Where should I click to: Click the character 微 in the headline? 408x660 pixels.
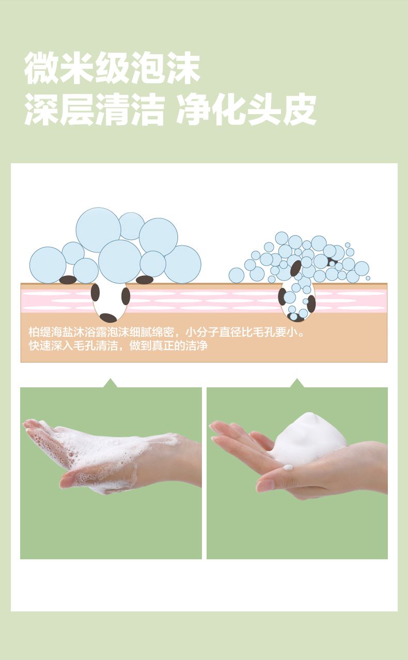(x=42, y=68)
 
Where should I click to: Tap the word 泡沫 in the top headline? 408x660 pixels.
(x=166, y=68)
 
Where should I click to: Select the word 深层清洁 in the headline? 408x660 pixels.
(x=95, y=109)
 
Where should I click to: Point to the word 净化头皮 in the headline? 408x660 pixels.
(x=246, y=109)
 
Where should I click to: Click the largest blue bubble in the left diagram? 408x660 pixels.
(x=98, y=230)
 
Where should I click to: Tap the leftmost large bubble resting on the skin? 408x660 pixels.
(x=48, y=265)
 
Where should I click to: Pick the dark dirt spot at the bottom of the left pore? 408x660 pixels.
(x=108, y=318)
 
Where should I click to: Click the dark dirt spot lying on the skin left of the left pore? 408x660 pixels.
(x=68, y=279)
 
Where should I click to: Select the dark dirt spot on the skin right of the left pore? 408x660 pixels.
(x=145, y=280)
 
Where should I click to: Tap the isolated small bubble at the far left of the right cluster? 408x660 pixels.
(x=237, y=275)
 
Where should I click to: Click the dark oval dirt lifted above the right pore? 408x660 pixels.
(x=296, y=268)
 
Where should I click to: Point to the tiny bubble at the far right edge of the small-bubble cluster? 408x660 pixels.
(x=368, y=278)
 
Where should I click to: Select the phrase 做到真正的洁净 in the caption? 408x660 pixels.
(x=168, y=345)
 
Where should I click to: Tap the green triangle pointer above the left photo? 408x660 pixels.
(x=111, y=383)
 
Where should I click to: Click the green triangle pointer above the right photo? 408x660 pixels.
(x=297, y=383)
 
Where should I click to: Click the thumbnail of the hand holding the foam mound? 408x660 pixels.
(x=297, y=473)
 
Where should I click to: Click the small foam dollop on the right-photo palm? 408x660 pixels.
(x=288, y=467)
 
